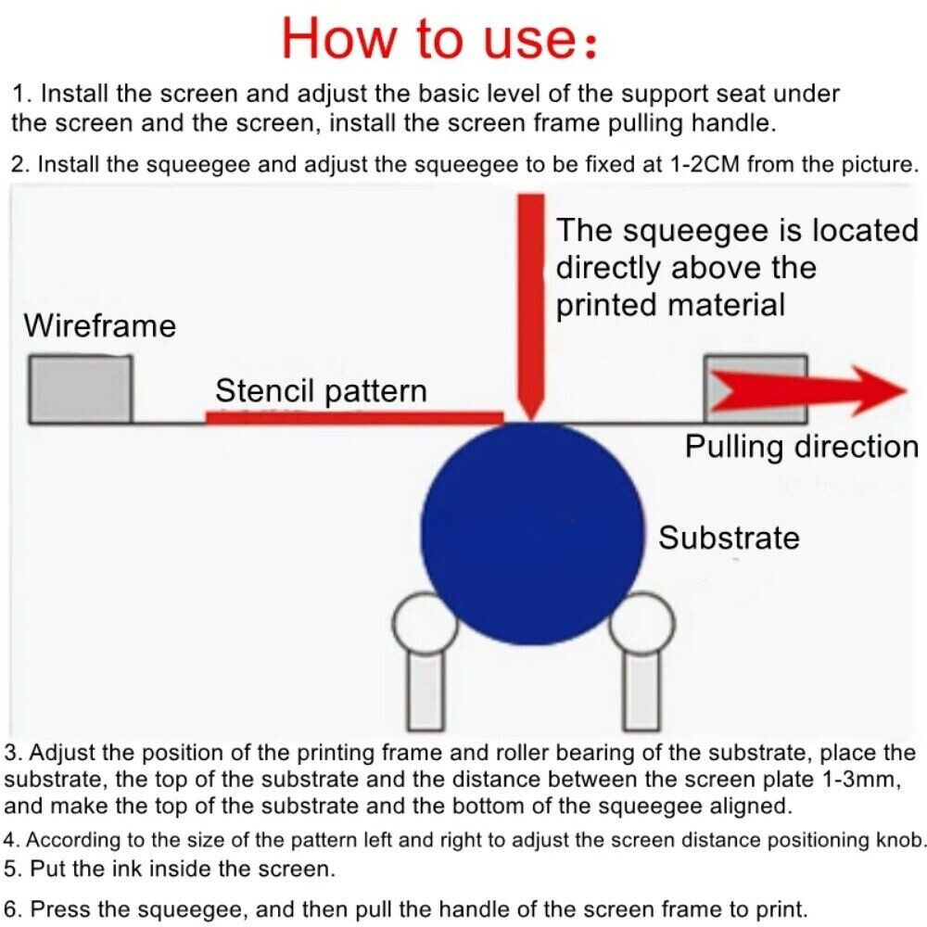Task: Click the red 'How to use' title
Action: pyautogui.click(x=439, y=38)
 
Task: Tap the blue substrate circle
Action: pyautogui.click(x=532, y=533)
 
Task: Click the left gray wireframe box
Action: pyautogui.click(x=81, y=389)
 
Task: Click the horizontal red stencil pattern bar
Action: pyautogui.click(x=354, y=418)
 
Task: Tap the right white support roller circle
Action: pyautogui.click(x=643, y=623)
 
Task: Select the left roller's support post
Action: pyautogui.click(x=425, y=692)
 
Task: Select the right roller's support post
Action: pyautogui.click(x=642, y=692)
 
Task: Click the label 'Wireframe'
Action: pyautogui.click(x=100, y=325)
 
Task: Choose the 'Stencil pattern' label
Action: pyautogui.click(x=321, y=391)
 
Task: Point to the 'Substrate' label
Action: pyautogui.click(x=729, y=538)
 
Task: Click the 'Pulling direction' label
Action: pyautogui.click(x=802, y=447)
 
